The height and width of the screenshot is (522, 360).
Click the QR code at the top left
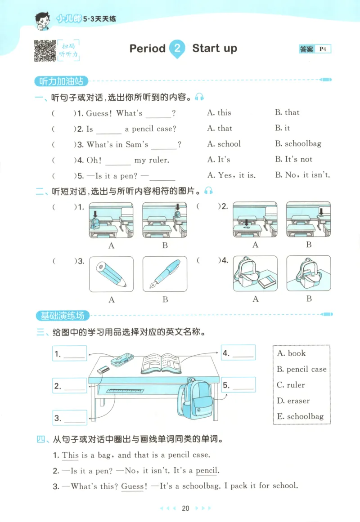point(44,50)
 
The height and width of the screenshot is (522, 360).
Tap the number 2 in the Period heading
point(177,49)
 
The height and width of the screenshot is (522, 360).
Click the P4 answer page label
point(323,49)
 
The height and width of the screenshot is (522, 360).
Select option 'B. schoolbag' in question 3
point(298,144)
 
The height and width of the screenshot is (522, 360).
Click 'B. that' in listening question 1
point(287,112)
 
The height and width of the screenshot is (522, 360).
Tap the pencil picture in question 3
point(111,274)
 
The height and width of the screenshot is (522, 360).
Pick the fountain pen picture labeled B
point(165,274)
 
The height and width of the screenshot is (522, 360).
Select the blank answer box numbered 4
point(238,353)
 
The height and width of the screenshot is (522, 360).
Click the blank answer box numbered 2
point(70,385)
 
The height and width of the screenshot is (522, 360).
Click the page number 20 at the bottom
point(185,509)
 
